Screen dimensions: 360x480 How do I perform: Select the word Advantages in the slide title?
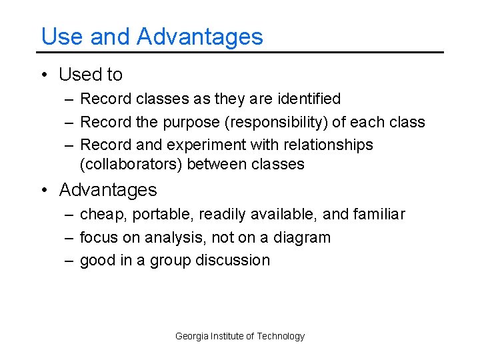(x=200, y=37)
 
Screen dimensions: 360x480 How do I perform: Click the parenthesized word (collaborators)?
(x=131, y=164)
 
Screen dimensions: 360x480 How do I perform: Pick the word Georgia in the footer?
(x=191, y=336)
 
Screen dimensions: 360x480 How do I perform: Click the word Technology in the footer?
(x=281, y=336)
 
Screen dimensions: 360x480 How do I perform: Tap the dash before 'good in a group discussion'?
(x=69, y=260)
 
